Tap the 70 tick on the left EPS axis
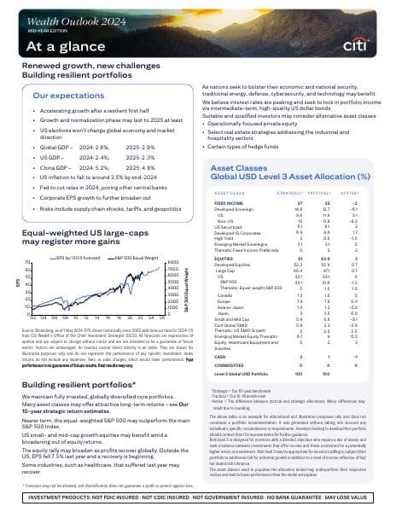pyautogui.click(x=27, y=239)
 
